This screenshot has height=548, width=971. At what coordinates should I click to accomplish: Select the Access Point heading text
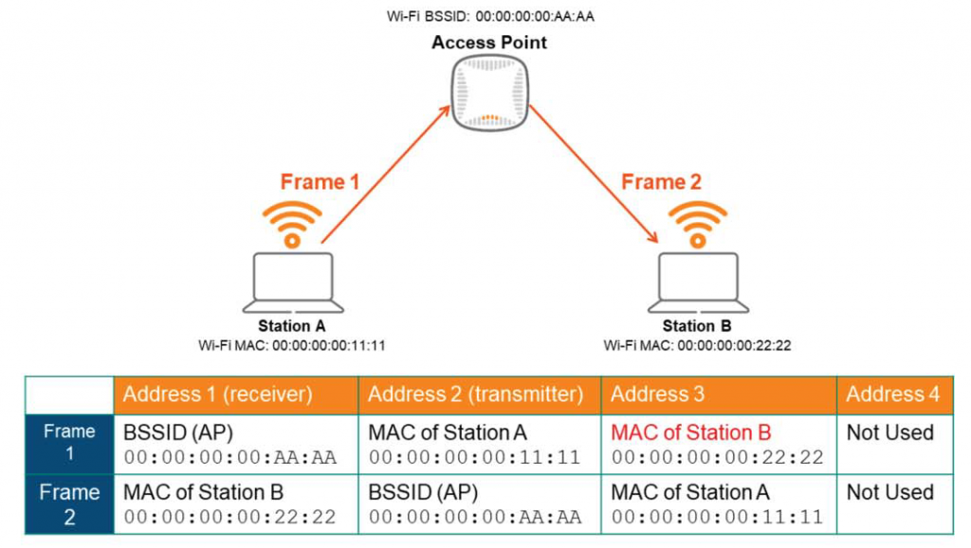click(x=489, y=43)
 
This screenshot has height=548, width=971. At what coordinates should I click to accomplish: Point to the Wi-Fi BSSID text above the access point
click(x=490, y=16)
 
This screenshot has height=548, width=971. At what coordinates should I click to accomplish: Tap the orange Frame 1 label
click(x=320, y=182)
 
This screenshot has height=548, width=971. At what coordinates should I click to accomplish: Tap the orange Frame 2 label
click(x=660, y=182)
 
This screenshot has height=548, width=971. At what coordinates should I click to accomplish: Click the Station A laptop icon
click(x=292, y=283)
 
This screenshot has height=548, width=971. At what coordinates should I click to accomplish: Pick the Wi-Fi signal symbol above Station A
click(x=292, y=224)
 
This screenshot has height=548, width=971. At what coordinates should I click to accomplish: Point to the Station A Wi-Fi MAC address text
click(x=292, y=345)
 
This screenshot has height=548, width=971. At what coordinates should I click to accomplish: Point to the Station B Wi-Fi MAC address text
click(x=697, y=345)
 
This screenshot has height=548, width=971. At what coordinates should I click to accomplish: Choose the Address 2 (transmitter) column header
click(x=475, y=394)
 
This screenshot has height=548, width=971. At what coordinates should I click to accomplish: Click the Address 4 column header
click(x=892, y=394)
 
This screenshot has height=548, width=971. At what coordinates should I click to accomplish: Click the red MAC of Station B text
click(x=691, y=433)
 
